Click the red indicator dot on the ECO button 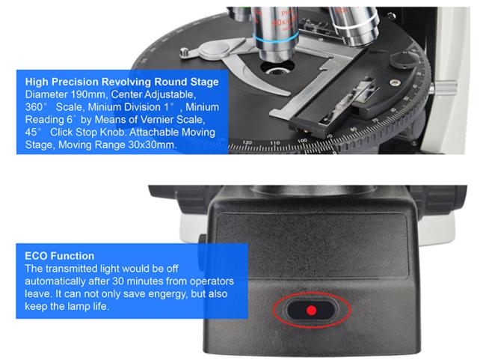click(311, 310)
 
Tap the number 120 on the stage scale click(247, 142)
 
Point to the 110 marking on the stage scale click(274, 143)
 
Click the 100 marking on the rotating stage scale click(302, 141)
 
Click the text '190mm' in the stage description click(88, 94)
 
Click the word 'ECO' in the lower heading click(36, 256)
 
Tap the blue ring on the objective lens click(275, 40)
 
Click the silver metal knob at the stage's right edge click(444, 88)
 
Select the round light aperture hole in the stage click(277, 68)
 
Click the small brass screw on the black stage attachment click(394, 82)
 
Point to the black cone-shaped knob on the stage click(405, 60)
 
